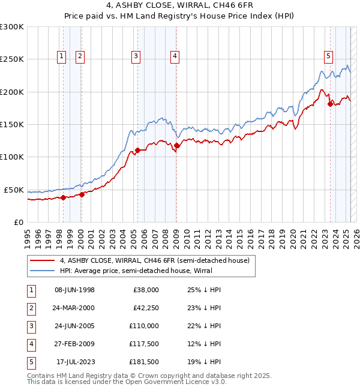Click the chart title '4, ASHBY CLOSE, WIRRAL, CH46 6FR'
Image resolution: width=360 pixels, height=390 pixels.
[179, 5]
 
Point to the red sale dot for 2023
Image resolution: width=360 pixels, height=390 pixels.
[330, 104]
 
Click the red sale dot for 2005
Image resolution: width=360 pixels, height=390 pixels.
[138, 150]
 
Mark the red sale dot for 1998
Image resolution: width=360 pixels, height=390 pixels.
[63, 197]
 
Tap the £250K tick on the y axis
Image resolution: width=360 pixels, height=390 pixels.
[12, 59]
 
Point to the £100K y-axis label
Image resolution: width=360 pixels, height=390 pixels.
[12, 157]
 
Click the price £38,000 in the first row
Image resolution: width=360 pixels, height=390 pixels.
[146, 290]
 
